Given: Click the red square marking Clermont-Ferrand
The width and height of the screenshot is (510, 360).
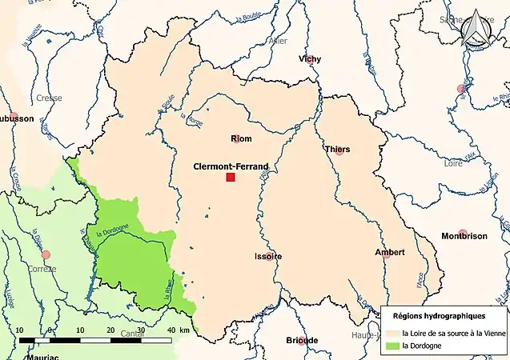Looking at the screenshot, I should (x=231, y=177).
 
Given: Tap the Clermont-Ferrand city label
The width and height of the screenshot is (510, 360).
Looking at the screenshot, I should (x=231, y=166).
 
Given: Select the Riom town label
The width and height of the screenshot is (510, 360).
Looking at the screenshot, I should (x=241, y=138).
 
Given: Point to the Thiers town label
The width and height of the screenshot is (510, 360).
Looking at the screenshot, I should (x=338, y=149).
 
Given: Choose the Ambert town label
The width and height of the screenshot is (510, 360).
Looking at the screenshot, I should (x=390, y=252).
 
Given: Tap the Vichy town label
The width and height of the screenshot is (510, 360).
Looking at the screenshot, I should (x=309, y=58).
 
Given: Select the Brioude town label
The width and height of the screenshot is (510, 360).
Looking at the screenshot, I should (x=302, y=340).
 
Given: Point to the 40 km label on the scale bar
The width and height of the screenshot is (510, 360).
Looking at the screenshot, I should (x=172, y=330).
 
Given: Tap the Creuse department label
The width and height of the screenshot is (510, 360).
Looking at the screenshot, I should (x=49, y=98).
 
